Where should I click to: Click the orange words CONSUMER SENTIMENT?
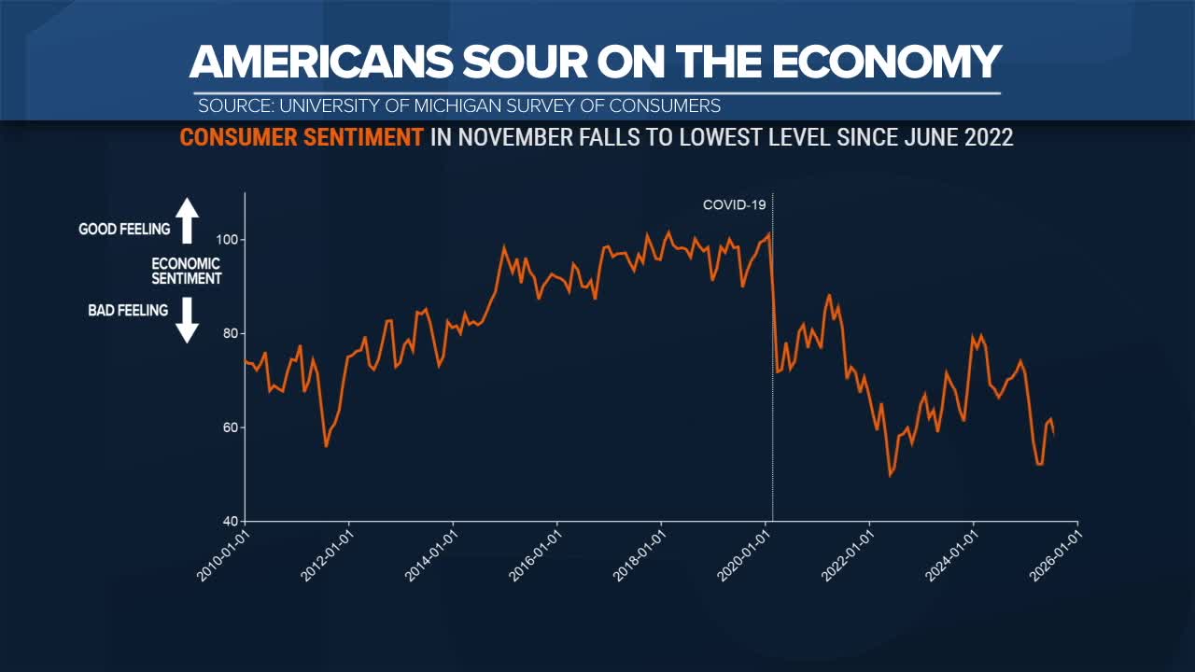pyautogui.click(x=302, y=137)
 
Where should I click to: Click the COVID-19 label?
pyautogui.click(x=735, y=205)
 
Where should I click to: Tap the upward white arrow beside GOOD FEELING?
pyautogui.click(x=188, y=221)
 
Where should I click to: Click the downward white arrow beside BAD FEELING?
pyautogui.click(x=188, y=319)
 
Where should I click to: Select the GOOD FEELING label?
pyautogui.click(x=124, y=229)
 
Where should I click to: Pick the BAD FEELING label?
pyautogui.click(x=128, y=310)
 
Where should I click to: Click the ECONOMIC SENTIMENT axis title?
pyautogui.click(x=187, y=271)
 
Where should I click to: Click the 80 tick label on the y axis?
pyautogui.click(x=232, y=333)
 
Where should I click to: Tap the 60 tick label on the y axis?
pyautogui.click(x=232, y=427)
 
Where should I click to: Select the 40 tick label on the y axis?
pyautogui.click(x=232, y=521)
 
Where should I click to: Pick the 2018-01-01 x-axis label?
pyautogui.click(x=640, y=555)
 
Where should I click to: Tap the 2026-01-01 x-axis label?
pyautogui.click(x=1056, y=555)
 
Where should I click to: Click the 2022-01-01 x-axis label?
pyautogui.click(x=848, y=555)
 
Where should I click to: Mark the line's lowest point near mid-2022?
pyautogui.click(x=891, y=475)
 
